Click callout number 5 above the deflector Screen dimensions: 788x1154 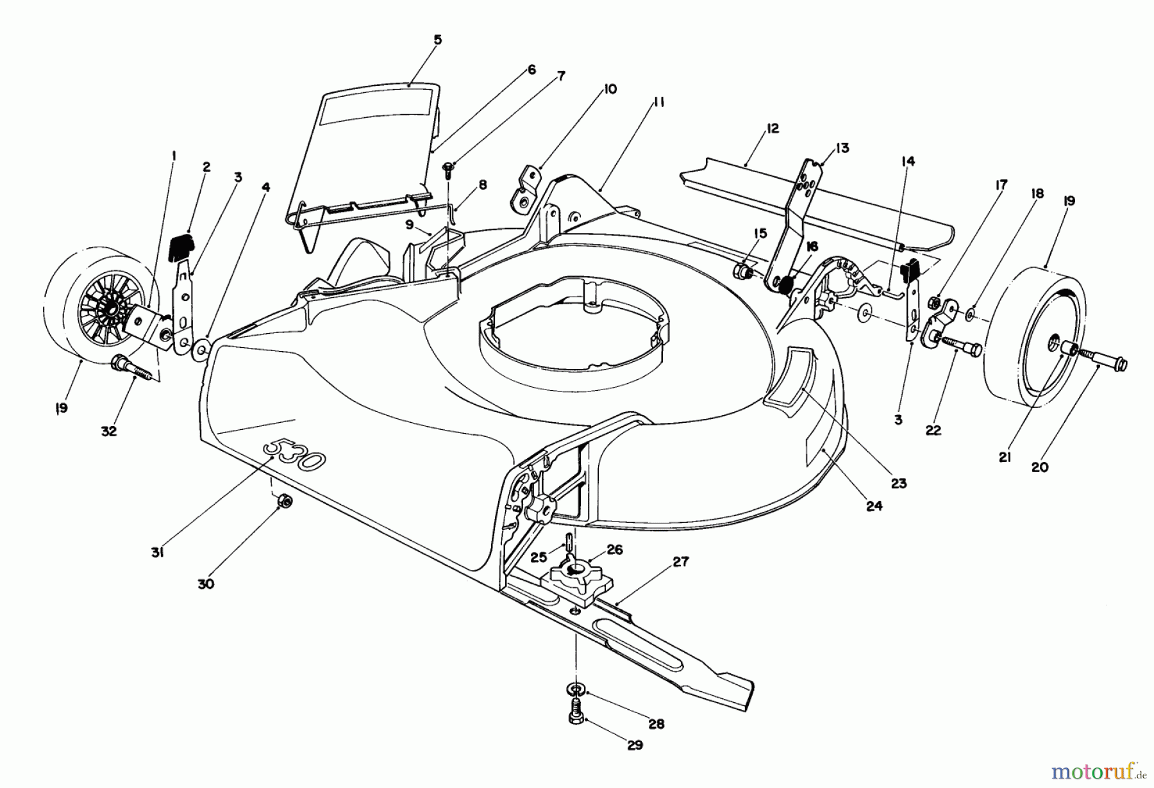[x=437, y=40]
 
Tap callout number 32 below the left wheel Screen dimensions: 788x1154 [x=109, y=431]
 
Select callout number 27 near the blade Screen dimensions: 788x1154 [x=680, y=562]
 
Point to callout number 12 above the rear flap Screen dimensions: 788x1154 [x=773, y=129]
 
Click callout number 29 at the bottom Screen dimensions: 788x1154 [x=635, y=746]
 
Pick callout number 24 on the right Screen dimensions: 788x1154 [x=874, y=506]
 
